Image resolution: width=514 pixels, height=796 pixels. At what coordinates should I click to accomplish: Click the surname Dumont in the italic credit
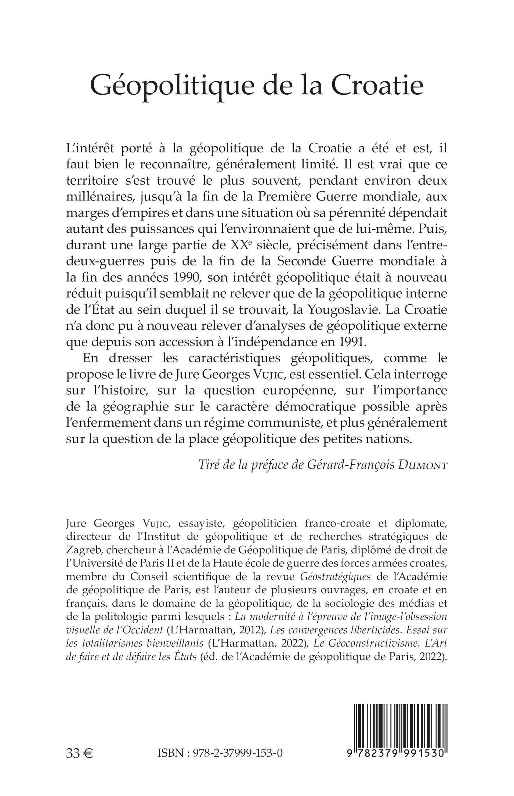pos(423,465)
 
